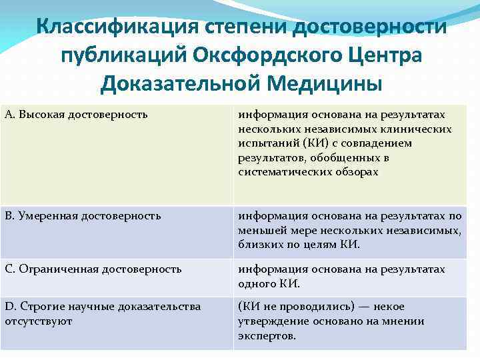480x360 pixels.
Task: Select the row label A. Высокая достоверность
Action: [76, 115]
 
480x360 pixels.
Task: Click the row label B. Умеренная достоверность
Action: [83, 216]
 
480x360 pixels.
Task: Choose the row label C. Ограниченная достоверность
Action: [93, 269]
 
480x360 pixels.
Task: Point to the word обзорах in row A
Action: [353, 172]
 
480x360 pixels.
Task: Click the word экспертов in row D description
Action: [266, 336]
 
